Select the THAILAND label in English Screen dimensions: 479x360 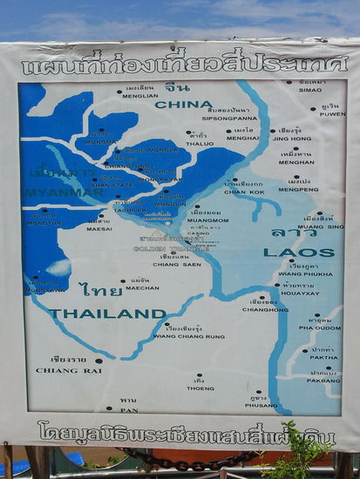click(107, 314)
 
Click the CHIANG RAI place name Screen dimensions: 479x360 click(62, 370)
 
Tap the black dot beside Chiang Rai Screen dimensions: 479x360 click(98, 360)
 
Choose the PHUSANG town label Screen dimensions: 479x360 click(261, 405)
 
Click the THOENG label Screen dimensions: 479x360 click(200, 388)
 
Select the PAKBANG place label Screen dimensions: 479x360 click(323, 381)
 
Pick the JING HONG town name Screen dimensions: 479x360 click(291, 138)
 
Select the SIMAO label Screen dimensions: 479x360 click(309, 90)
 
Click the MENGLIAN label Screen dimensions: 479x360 click(139, 97)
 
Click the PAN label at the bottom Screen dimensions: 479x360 click(128, 409)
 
